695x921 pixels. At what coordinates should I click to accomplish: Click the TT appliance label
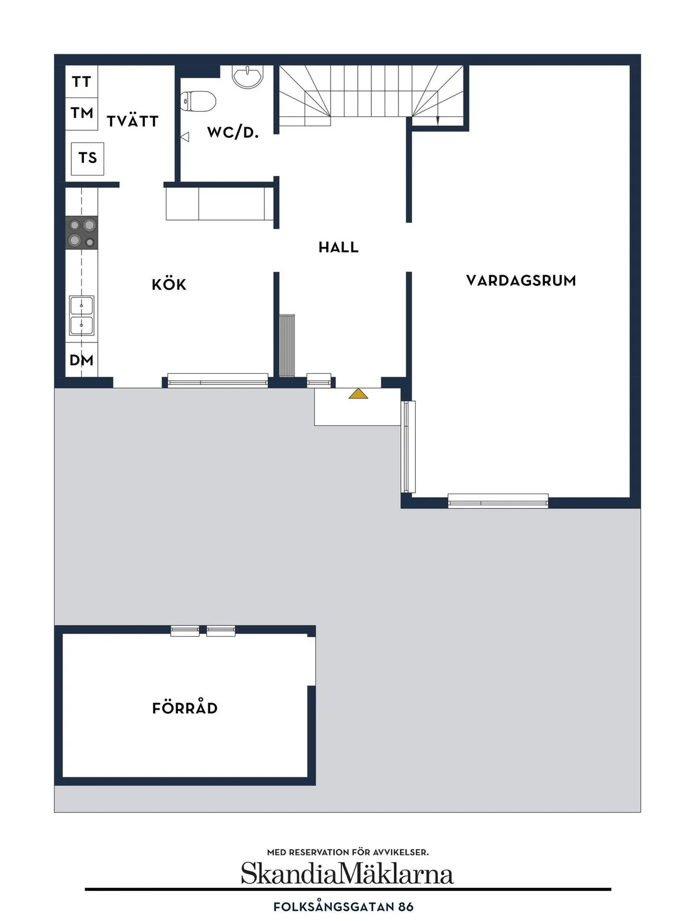pos(82,82)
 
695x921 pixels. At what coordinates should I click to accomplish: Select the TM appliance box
pos(82,112)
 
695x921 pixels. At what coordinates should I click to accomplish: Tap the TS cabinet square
pos(87,158)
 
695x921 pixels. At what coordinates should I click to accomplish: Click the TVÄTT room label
pos(133,121)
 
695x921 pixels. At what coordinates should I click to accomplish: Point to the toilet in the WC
pos(198,101)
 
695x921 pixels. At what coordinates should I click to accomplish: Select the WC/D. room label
pos(233,133)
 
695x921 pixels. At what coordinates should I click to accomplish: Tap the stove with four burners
pos(82,232)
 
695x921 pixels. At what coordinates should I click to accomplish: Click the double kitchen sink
pos(82,315)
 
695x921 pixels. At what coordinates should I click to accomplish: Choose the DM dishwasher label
pos(82,360)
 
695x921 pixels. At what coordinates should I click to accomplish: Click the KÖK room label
pos(169,284)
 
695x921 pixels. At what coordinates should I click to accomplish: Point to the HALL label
pos(338,247)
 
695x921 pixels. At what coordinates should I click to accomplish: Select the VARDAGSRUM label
pos(521,281)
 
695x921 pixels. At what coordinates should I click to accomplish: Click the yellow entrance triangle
pos(359,394)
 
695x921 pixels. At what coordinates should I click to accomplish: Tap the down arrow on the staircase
pos(438,120)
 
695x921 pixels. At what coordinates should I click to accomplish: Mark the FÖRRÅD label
pos(185,708)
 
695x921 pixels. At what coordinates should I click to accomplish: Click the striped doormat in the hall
pos(287,345)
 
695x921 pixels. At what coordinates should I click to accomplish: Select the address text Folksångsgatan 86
pos(343,907)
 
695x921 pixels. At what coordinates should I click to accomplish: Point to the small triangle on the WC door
pos(185,137)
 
